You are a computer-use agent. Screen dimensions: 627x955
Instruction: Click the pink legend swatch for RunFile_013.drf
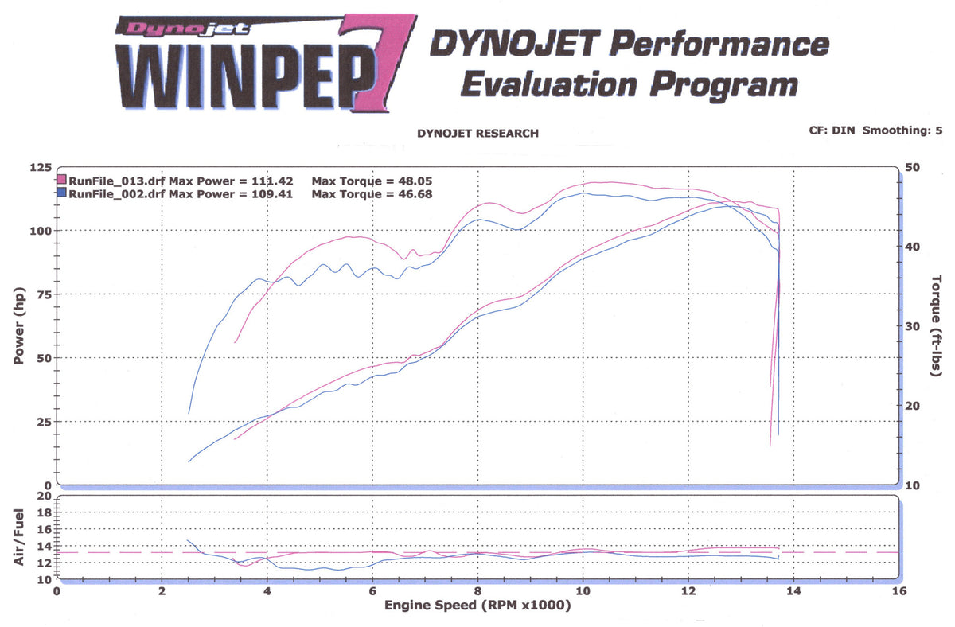tap(62, 181)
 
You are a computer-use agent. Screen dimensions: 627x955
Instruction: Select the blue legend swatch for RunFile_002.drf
tap(62, 193)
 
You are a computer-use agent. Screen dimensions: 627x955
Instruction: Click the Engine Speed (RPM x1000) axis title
tap(477, 606)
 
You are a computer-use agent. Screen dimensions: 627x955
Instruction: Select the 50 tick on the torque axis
tap(912, 167)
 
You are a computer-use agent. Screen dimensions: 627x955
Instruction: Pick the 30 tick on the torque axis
tap(912, 326)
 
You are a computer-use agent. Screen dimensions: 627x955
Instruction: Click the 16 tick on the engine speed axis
tap(899, 592)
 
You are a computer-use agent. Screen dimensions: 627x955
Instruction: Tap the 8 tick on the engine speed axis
tap(477, 592)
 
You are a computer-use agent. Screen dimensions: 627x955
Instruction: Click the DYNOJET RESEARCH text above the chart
tap(477, 134)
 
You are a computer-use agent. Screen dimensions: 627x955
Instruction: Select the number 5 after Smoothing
tap(927, 129)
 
